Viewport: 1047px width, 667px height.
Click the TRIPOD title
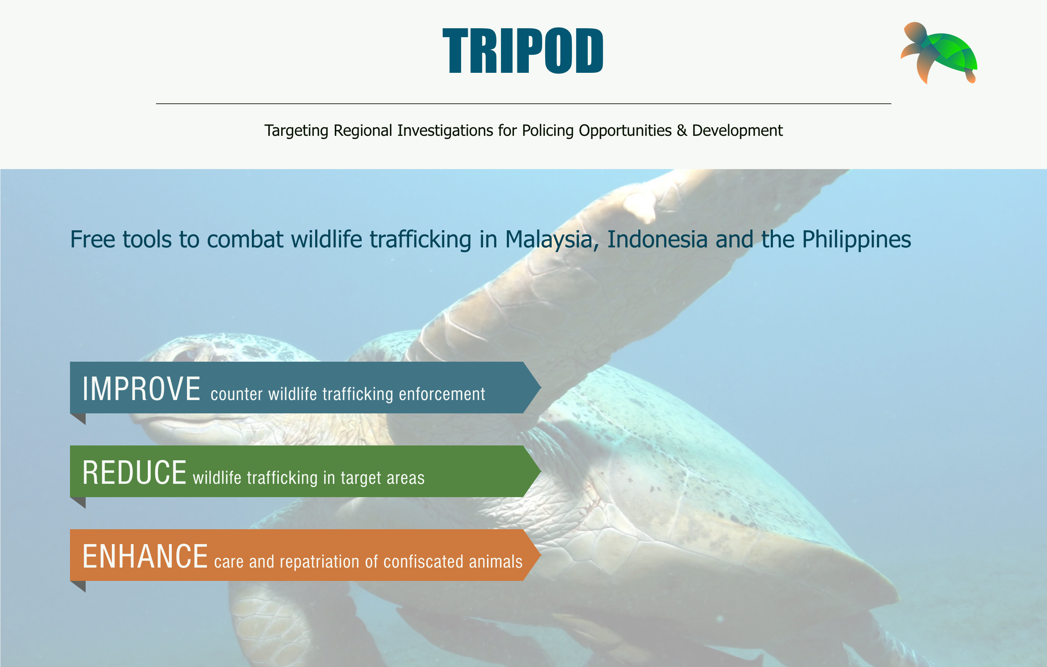pos(523,51)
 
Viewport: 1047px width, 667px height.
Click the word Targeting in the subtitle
pos(296,130)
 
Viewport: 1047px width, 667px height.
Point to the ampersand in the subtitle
pos(681,130)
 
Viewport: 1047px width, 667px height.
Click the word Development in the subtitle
pos(737,130)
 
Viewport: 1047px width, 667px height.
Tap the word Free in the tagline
pos(92,239)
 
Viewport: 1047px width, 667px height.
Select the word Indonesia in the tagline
pos(657,239)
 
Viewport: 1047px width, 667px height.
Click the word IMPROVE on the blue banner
pos(141,389)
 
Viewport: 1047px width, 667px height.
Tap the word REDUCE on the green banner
pos(135,472)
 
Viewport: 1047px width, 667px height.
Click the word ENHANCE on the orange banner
pos(145,557)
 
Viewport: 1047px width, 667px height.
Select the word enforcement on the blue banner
pos(442,394)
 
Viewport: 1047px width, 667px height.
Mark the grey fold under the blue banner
pos(79,418)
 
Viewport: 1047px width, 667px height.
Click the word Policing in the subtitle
pos(548,130)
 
